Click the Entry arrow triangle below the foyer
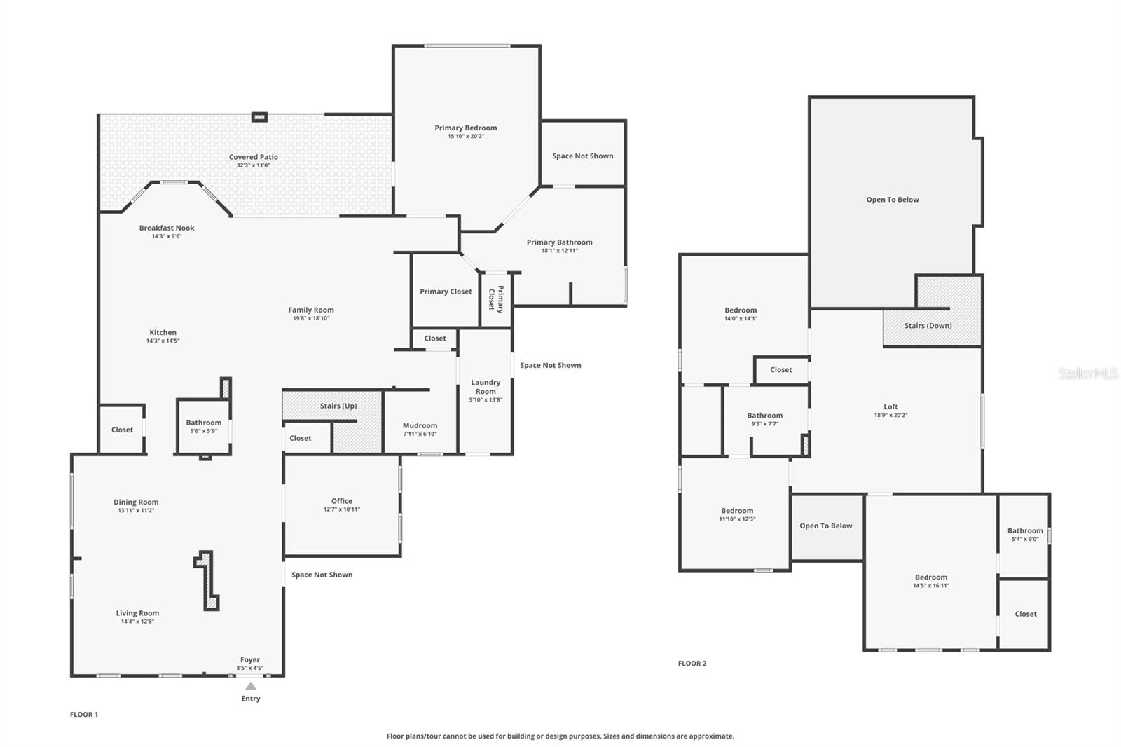250,686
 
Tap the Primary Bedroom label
465,128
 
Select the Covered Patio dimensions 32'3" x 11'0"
253,165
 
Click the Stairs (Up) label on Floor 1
338,406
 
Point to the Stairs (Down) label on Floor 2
928,326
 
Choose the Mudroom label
420,425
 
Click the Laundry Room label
486,387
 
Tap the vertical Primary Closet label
496,298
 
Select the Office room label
342,501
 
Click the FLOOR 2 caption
692,663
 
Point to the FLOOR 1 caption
84,715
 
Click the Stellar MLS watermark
1087,374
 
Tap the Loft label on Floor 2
890,406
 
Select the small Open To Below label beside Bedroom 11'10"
826,526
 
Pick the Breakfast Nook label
167,228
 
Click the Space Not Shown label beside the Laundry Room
550,365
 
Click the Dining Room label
136,502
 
